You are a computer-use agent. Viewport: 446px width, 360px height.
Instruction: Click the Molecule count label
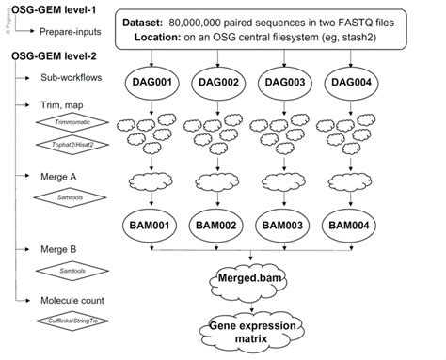coord(76,301)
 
